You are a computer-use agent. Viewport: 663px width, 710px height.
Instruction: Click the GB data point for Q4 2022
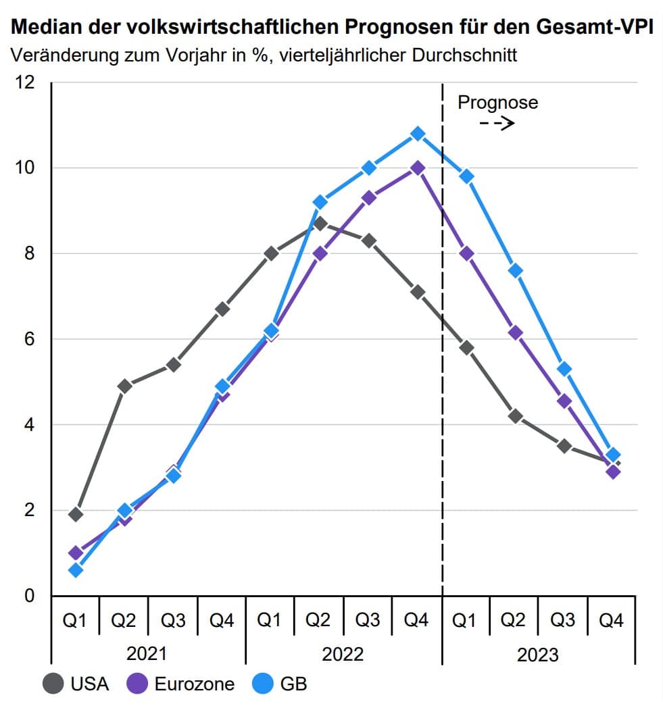coord(418,134)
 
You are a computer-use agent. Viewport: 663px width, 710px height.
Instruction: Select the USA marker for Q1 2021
coord(76,514)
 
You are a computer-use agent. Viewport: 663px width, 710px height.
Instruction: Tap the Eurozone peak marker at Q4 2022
coord(418,168)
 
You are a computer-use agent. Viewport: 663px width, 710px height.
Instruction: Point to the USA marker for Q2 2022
coord(320,223)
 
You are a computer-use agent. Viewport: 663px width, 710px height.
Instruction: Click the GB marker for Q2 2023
coord(515,271)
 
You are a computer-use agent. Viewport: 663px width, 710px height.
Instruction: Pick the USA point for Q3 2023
coord(564,446)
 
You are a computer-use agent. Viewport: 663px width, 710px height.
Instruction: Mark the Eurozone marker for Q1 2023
coord(466,253)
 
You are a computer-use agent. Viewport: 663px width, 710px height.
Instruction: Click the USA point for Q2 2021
coord(124,386)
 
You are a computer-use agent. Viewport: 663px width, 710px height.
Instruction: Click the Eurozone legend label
coord(195,684)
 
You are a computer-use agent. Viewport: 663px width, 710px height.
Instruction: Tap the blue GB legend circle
coord(262,684)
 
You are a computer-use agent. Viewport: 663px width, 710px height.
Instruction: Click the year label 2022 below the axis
coord(343,654)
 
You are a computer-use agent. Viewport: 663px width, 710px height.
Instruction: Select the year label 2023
coord(538,654)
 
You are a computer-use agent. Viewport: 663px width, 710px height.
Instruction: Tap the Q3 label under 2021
coord(173,620)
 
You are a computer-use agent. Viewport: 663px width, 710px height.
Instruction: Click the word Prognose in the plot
coord(497,103)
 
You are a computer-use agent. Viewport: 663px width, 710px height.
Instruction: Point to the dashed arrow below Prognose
coord(497,124)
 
